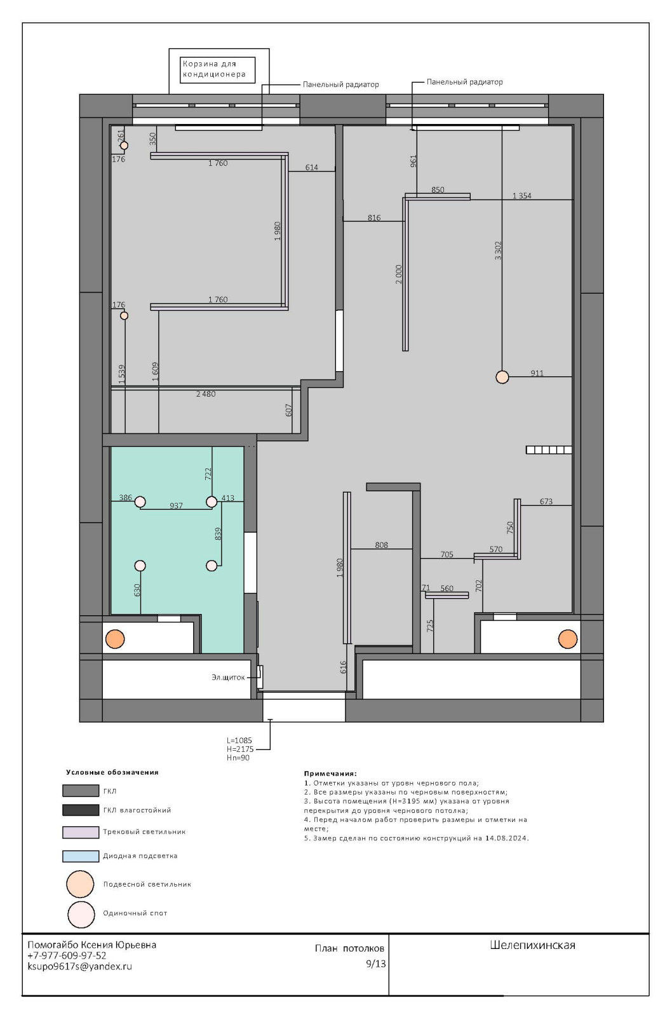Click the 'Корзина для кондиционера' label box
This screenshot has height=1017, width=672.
coord(217,69)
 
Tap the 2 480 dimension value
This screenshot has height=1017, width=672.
coord(206,394)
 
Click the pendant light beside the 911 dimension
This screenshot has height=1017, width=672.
coord(502,377)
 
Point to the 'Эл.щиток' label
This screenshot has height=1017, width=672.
coord(228,678)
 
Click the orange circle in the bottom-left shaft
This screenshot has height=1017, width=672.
coord(115,639)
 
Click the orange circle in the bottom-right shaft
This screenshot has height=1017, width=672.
coord(568,639)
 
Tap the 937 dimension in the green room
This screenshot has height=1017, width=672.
coord(176,506)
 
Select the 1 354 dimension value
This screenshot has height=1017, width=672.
coord(522,196)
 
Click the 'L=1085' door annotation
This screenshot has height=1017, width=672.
coord(239,741)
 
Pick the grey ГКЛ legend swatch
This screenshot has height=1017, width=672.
coord(81,791)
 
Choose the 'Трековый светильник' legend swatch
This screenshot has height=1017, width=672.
coord(81,832)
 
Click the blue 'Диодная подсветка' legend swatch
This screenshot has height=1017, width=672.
coord(81,856)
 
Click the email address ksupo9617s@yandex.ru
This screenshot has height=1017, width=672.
coord(80,966)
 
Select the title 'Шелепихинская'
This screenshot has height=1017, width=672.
coord(532,945)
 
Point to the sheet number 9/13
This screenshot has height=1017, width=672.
coord(376,964)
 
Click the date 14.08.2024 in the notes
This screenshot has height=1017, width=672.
coord(506,838)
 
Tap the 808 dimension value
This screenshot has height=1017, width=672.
coord(381,545)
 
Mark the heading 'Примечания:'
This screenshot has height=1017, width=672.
coord(330,774)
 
